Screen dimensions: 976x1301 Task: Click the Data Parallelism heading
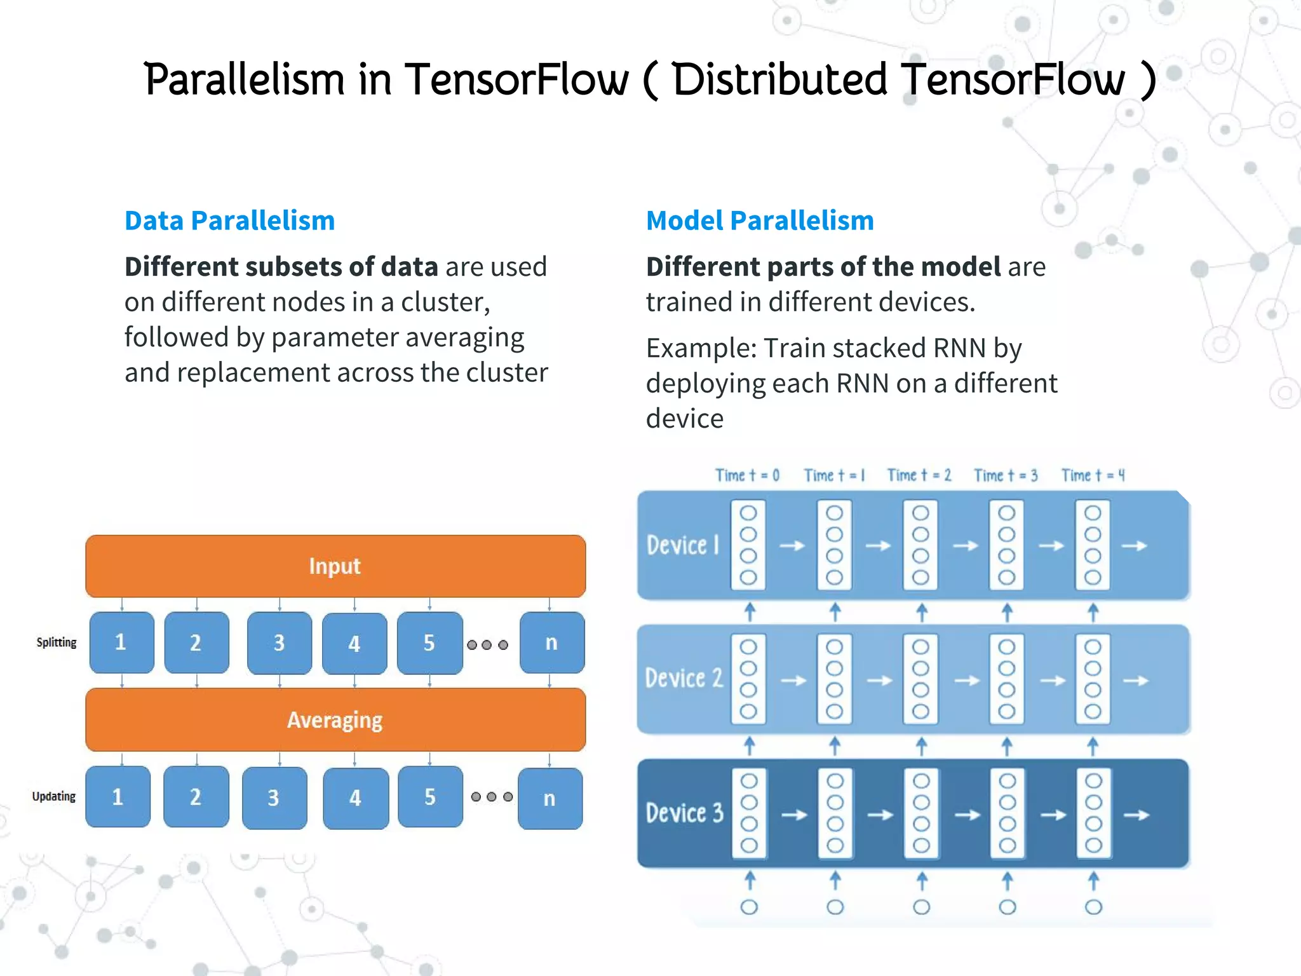(x=229, y=220)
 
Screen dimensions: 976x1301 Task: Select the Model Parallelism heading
(x=760, y=220)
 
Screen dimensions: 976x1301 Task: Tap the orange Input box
(x=335, y=566)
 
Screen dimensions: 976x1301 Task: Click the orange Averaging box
(x=335, y=720)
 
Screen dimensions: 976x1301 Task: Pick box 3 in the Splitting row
(x=280, y=643)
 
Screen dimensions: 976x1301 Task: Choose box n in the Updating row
(x=550, y=798)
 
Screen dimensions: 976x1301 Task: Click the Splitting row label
(x=57, y=642)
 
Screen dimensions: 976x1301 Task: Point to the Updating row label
(x=54, y=797)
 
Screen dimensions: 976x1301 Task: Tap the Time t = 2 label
(x=919, y=475)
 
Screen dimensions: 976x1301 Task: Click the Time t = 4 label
(x=1093, y=475)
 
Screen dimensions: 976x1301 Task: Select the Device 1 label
(x=683, y=545)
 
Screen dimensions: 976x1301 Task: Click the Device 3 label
(x=684, y=813)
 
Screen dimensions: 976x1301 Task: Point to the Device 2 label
(x=684, y=679)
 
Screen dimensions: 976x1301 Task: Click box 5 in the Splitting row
(x=429, y=643)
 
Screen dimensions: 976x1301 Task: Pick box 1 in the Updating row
(x=118, y=797)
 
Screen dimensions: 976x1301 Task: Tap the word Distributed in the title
(x=779, y=80)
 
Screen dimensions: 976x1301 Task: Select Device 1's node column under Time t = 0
(x=748, y=545)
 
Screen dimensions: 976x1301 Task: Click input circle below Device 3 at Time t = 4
(x=1093, y=907)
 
